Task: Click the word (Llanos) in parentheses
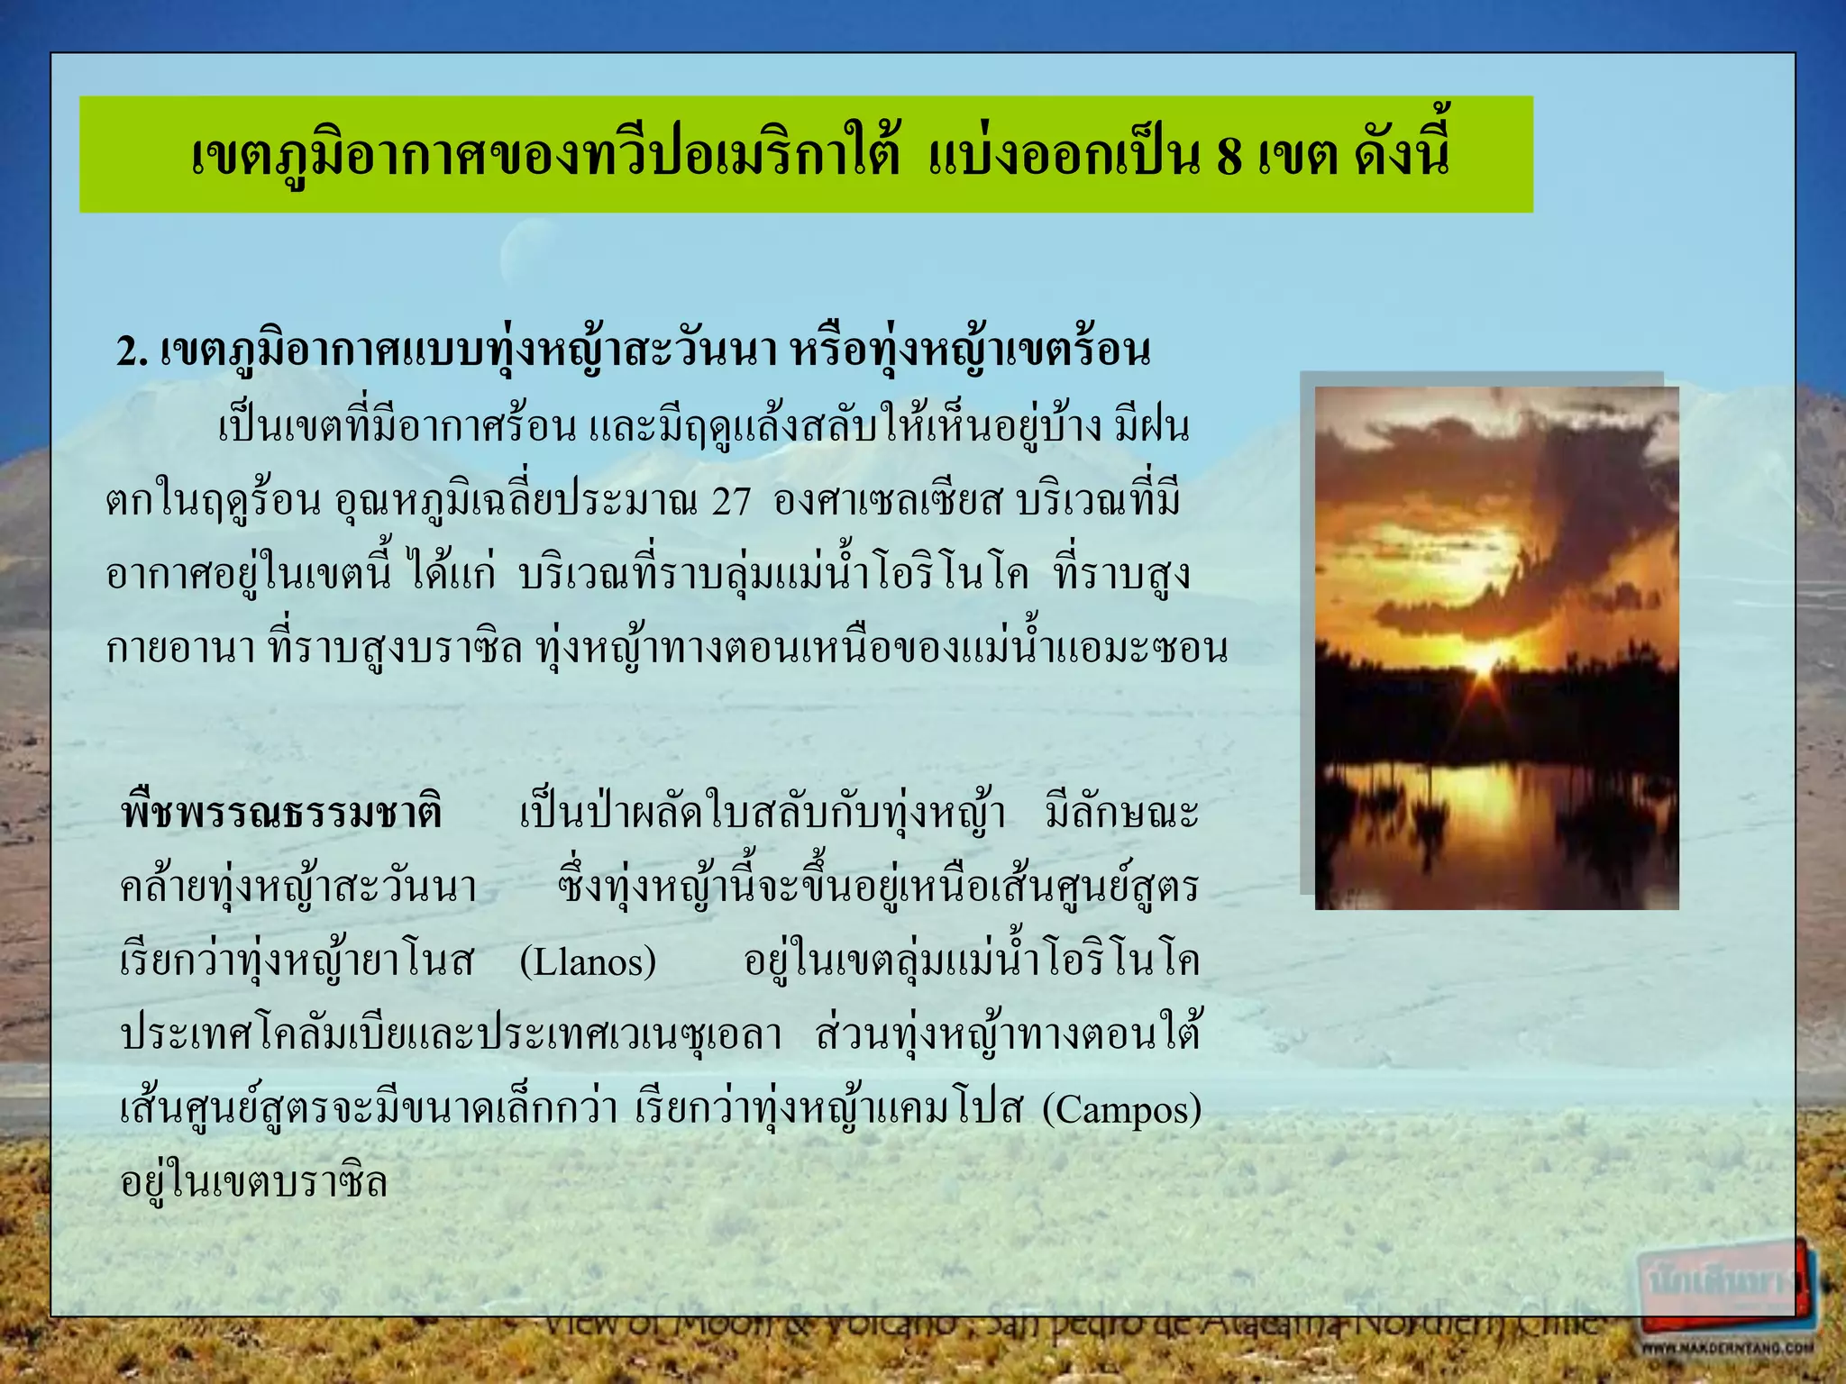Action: click(588, 962)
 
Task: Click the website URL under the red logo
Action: click(1725, 1348)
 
